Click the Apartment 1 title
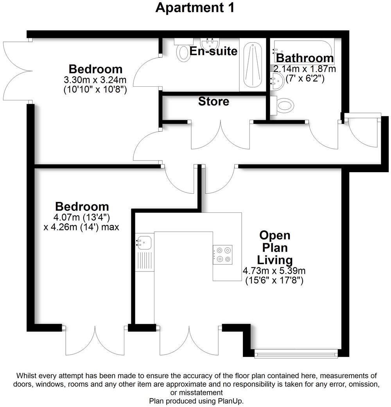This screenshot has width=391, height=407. [x=195, y=7]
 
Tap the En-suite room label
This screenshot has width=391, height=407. [x=213, y=51]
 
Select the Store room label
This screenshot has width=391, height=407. [x=213, y=102]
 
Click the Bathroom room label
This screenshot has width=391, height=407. [x=305, y=59]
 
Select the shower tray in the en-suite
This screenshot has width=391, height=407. [x=253, y=66]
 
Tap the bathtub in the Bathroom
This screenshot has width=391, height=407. [x=303, y=47]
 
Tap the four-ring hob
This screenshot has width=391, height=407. [x=222, y=254]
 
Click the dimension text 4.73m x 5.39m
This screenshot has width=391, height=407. [x=274, y=271]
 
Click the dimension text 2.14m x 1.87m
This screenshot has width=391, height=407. [x=305, y=69]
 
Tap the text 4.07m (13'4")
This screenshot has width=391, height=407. [x=82, y=217]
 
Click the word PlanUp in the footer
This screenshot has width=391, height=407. [x=231, y=401]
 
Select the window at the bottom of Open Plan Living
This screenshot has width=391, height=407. [x=296, y=354]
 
